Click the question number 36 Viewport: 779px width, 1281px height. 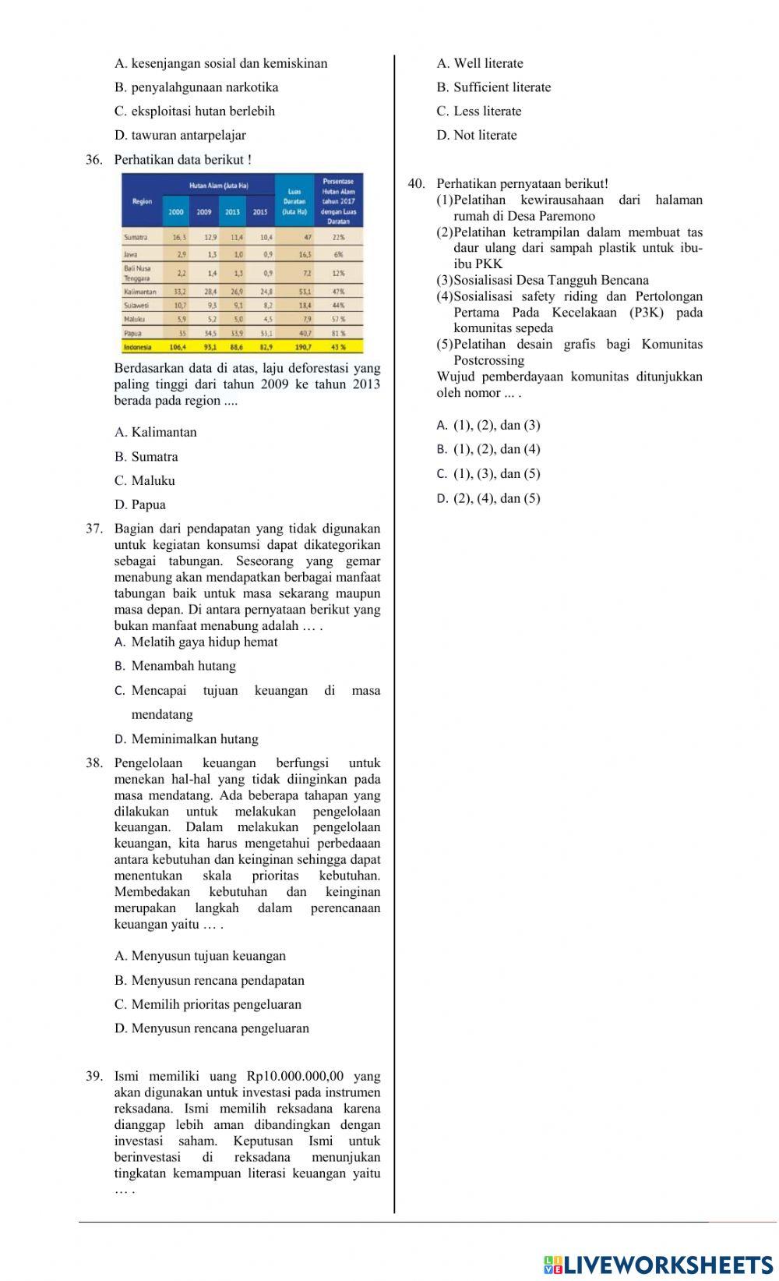point(93,160)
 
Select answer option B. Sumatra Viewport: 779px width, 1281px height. point(146,457)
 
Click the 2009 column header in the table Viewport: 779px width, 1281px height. point(205,211)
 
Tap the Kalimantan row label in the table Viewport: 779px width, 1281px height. point(140,292)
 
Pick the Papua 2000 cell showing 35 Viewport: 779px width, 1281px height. point(182,332)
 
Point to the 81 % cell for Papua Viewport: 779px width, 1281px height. point(338,332)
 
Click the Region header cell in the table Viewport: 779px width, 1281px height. point(143,201)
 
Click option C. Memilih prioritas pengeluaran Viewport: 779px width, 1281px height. point(207,1004)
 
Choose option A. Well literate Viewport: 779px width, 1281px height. point(480,63)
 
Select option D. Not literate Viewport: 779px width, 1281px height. point(477,136)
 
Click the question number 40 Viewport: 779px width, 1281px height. point(416,184)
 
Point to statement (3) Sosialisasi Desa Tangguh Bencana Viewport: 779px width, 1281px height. point(543,281)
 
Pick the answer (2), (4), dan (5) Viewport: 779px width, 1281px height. point(488,499)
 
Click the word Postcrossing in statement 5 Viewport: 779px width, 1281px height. point(488,361)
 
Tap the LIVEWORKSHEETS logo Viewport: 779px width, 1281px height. point(658,1264)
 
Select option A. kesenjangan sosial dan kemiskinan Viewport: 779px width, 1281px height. point(220,63)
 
